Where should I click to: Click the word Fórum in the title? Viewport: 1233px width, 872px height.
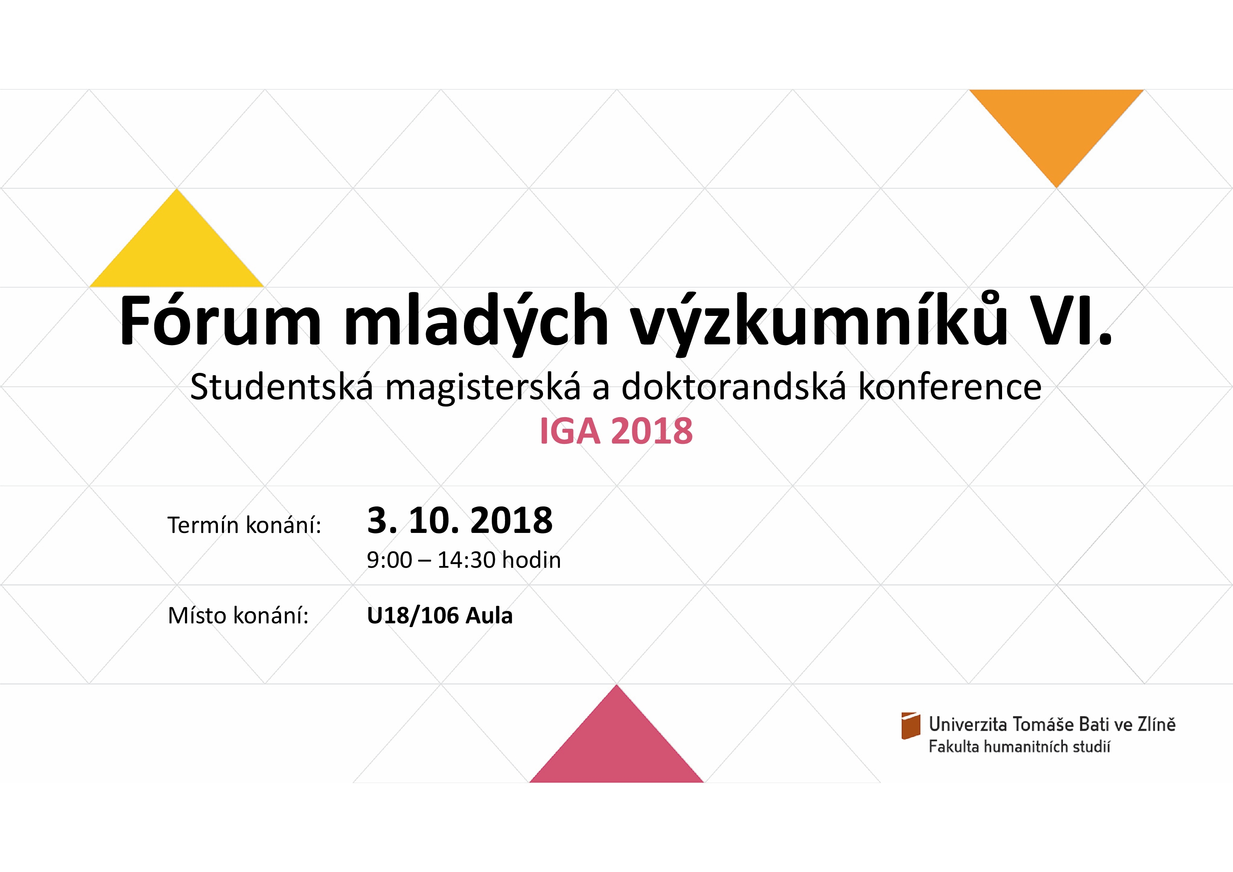click(220, 322)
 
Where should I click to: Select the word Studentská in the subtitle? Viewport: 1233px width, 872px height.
click(282, 387)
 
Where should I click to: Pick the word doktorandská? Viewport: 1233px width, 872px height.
click(734, 387)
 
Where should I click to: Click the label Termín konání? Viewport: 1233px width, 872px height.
click(244, 525)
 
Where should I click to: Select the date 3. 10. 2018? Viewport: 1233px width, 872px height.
click(460, 520)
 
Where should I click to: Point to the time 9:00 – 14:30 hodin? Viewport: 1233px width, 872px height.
click(464, 560)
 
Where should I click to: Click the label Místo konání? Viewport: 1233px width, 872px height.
click(238, 616)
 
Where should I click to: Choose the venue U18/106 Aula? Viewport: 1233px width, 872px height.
click(440, 616)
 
